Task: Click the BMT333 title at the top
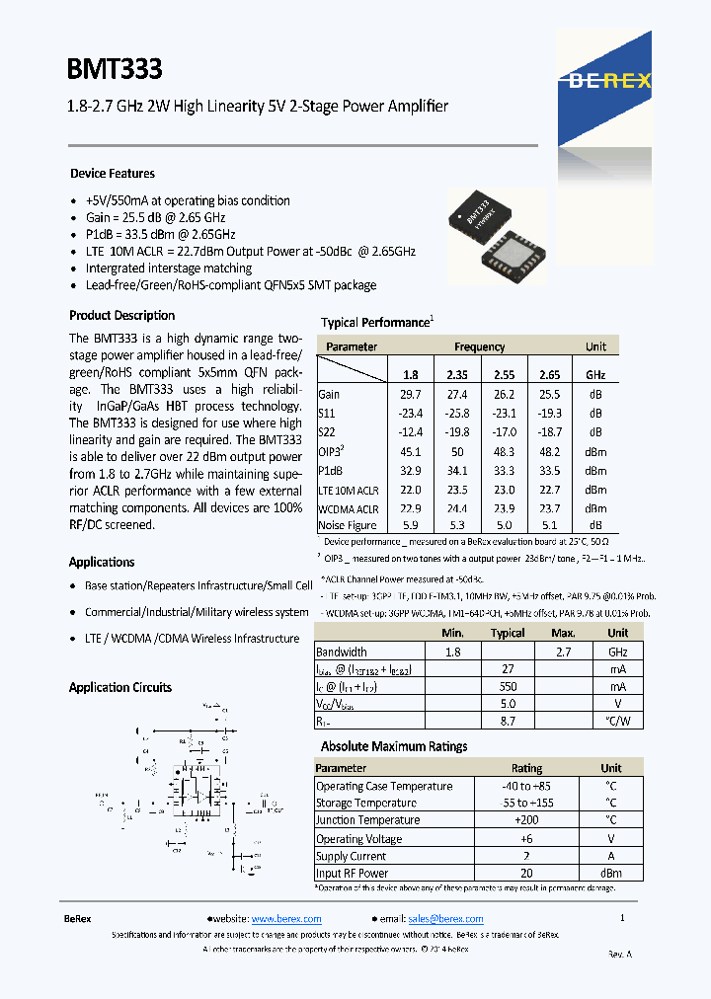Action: coord(115,69)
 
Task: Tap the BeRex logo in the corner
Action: coord(609,80)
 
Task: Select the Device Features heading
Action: coord(113,174)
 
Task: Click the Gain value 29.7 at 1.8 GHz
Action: coord(410,394)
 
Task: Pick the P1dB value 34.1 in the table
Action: coord(456,470)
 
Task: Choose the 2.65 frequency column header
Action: coord(549,375)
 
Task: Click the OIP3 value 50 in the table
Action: coord(456,451)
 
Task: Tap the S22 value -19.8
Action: coord(456,432)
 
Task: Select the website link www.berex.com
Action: coord(286,919)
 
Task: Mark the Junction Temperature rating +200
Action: coord(526,820)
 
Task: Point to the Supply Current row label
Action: coord(351,856)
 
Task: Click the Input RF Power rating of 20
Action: coord(526,874)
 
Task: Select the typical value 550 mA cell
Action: coord(508,687)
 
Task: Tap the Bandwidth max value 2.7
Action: coord(563,653)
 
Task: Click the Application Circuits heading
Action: coord(120,688)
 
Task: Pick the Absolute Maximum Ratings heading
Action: coord(394,747)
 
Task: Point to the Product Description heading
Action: coord(122,316)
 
